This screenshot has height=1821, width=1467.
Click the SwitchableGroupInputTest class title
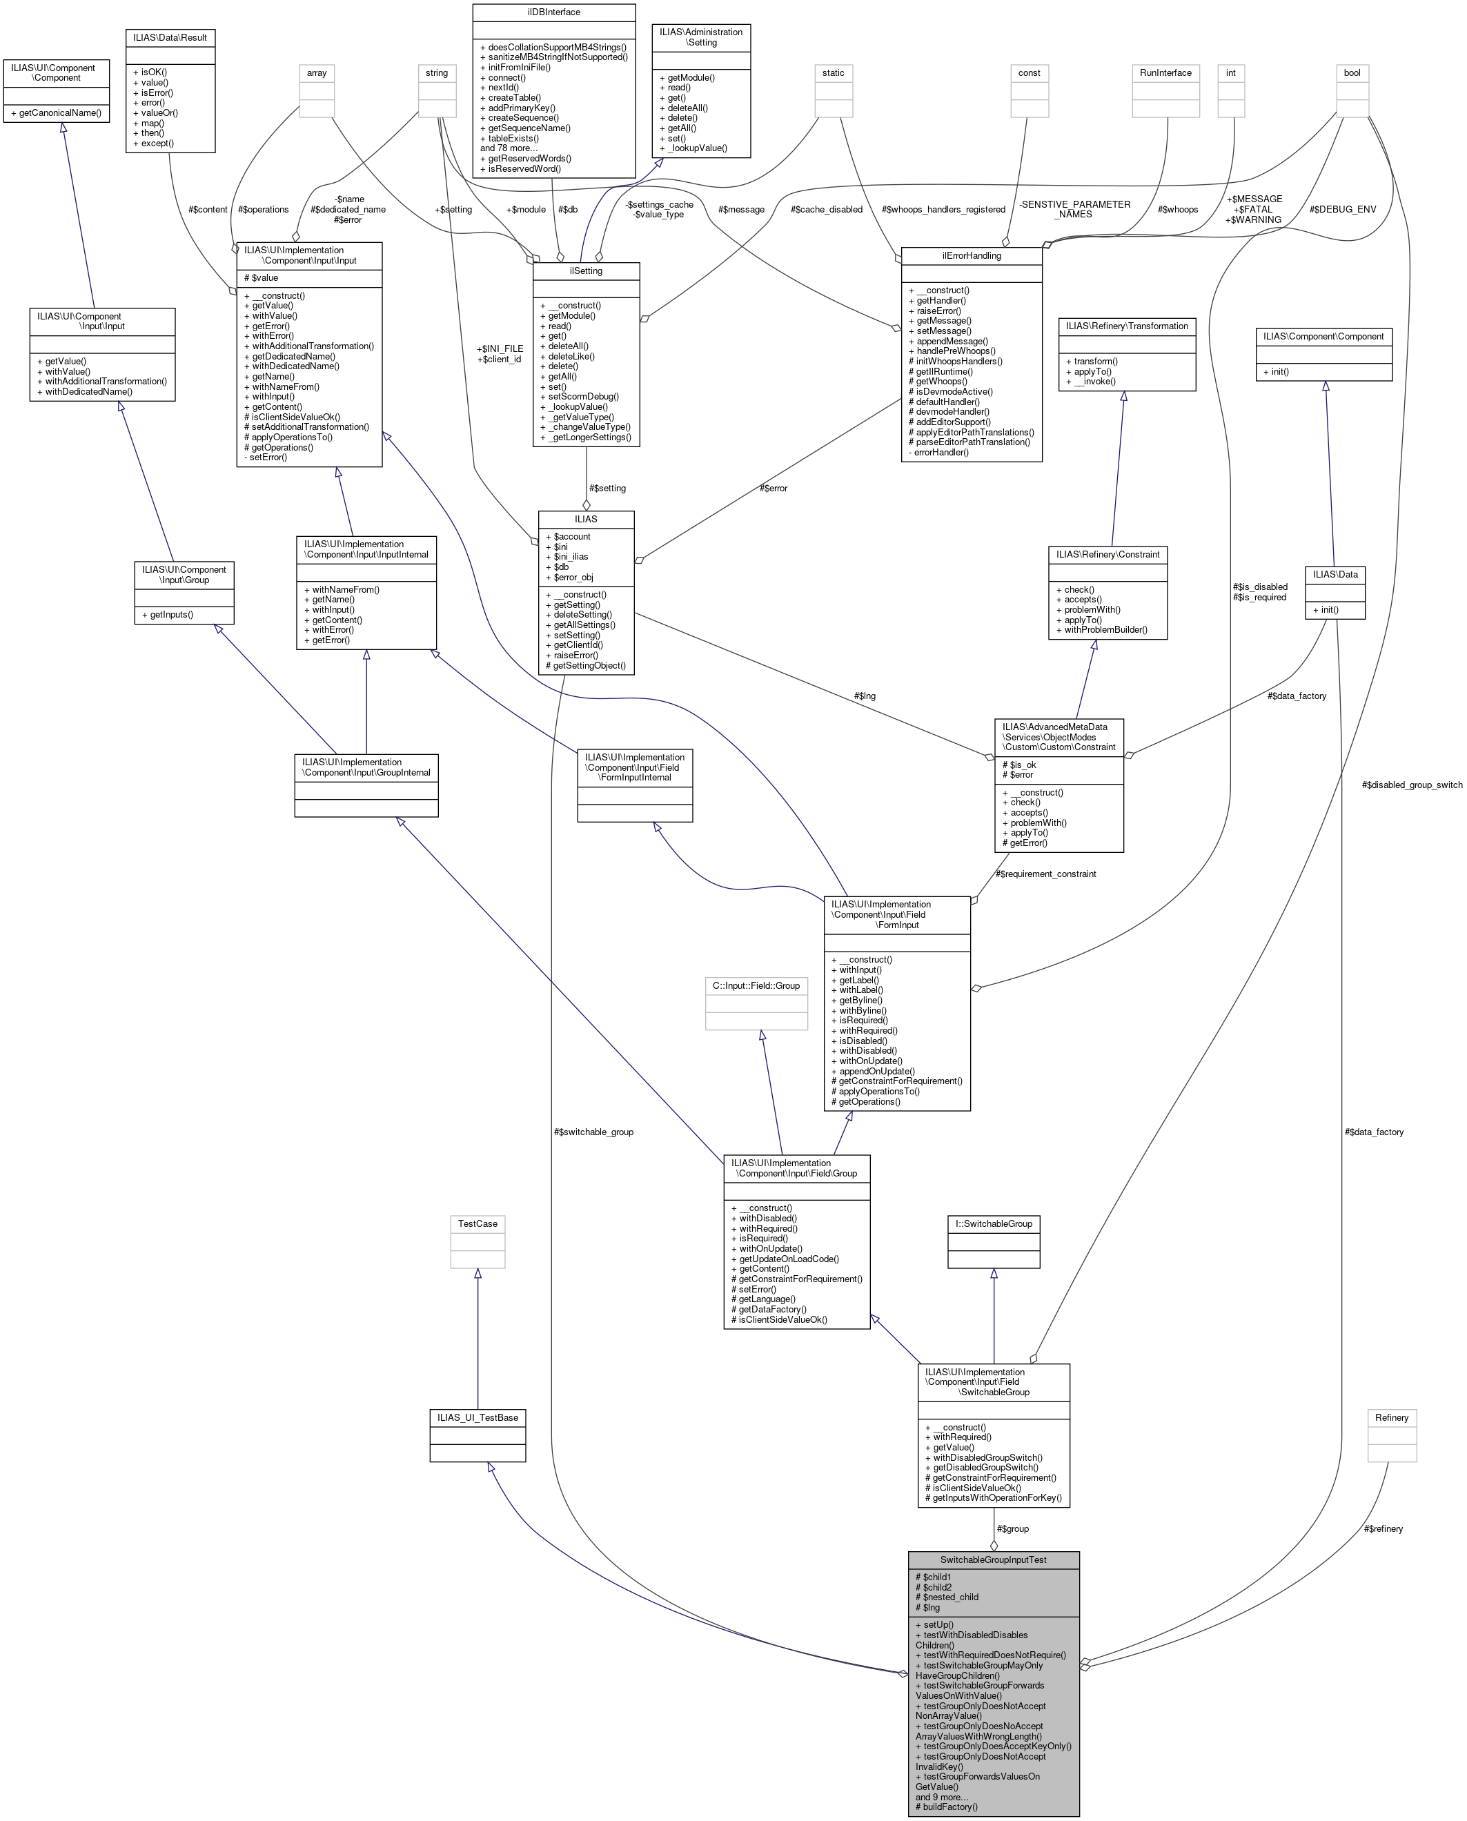(993, 1559)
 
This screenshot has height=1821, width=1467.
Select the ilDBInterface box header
(553, 12)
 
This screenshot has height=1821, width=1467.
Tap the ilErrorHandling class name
(971, 255)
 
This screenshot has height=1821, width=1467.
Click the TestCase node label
(477, 1223)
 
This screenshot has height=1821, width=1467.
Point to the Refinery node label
(1391, 1417)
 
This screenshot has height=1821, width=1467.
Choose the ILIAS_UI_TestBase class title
(477, 1417)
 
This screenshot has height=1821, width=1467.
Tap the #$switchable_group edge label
(593, 1132)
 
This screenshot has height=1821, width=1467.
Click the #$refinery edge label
(1384, 1528)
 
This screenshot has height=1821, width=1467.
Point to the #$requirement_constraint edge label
(1045, 874)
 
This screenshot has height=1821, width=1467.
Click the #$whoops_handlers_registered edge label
(943, 210)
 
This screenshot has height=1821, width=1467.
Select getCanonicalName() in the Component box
(56, 113)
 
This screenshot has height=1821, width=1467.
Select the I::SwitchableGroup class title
(993, 1223)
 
